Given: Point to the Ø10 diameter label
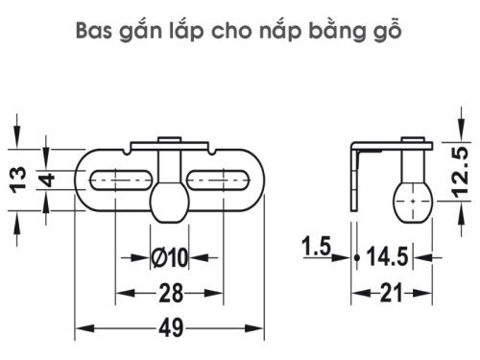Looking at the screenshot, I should (170, 257).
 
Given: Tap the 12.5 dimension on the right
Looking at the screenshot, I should (461, 171).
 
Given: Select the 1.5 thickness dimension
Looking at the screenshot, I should (315, 248).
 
